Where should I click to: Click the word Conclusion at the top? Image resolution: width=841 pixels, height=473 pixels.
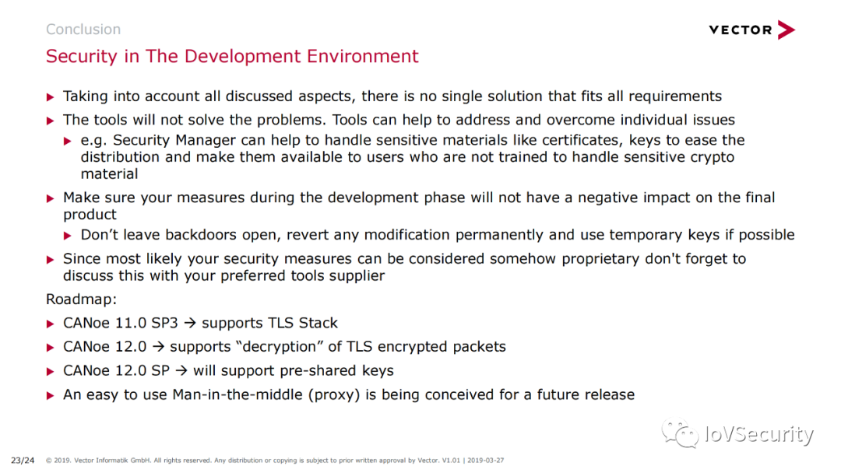coord(83,29)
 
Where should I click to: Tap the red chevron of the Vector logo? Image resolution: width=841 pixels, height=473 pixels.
coord(786,30)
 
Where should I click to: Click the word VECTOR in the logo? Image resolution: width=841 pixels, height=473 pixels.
coord(741,30)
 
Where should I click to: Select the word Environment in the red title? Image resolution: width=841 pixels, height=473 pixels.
coord(362,56)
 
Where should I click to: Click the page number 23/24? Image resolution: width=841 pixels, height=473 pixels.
coord(23,460)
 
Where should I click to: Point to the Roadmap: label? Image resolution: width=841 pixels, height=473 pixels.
coord(82,299)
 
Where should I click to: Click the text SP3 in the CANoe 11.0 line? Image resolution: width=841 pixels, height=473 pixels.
coord(164,323)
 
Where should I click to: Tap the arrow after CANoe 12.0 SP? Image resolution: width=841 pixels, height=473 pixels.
coord(181,370)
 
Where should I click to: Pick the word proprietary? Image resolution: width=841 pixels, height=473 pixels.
coord(600,259)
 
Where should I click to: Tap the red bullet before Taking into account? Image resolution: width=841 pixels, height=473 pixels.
coord(51,97)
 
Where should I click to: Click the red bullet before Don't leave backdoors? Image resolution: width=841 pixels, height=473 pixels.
coord(68,236)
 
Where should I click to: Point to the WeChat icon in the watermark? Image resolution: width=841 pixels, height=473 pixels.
coord(680,433)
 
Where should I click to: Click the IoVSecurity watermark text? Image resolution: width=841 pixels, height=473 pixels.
coord(759,434)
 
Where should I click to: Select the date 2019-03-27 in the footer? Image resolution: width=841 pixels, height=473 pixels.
coord(485,460)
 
